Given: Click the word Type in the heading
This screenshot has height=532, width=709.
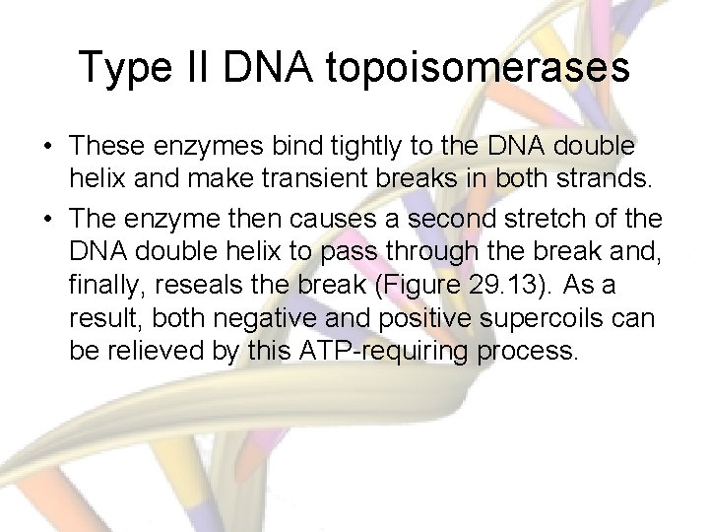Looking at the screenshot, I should tap(124, 67).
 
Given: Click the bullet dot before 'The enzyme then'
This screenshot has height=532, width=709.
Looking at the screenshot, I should tap(47, 217).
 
